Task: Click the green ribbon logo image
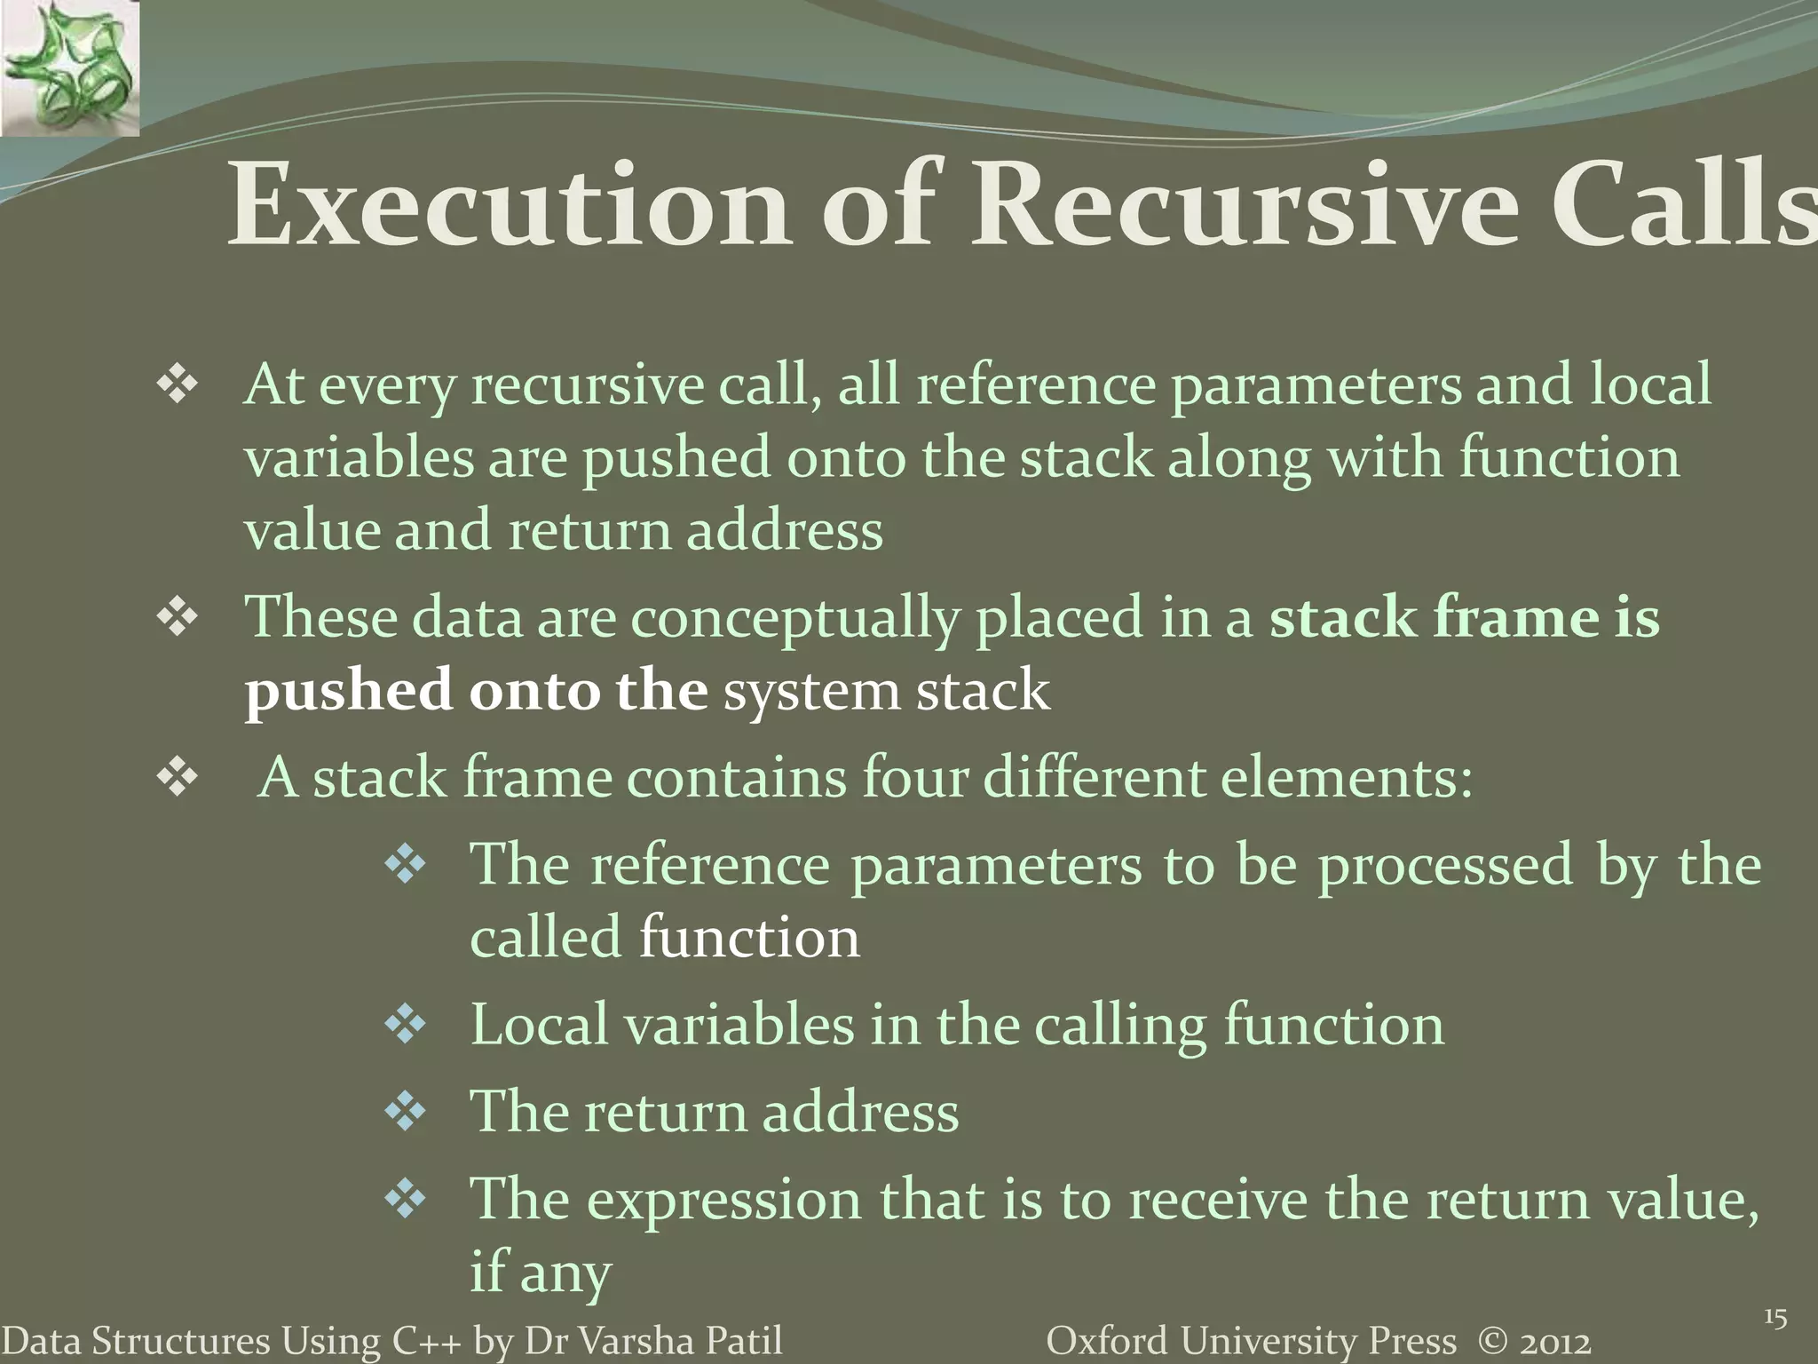(69, 68)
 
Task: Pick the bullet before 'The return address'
(406, 1112)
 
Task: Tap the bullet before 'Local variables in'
(406, 1026)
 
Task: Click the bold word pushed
(348, 692)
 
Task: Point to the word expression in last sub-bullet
(723, 1199)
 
